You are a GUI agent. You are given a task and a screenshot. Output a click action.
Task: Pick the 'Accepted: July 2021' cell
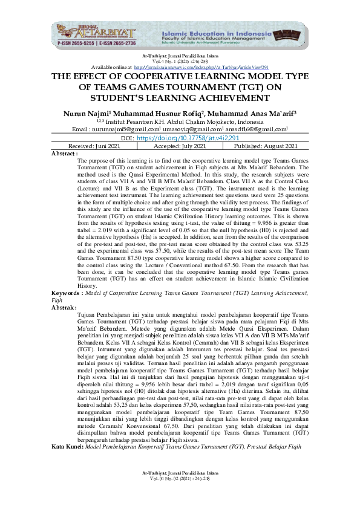click(181, 146)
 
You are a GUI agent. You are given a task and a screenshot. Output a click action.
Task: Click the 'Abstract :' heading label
click(65, 154)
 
